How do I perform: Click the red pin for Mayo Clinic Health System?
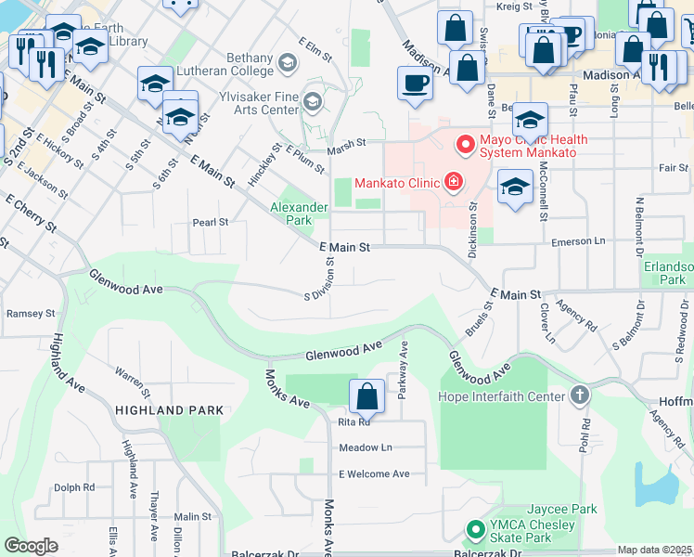[466, 146]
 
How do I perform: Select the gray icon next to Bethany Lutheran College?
[287, 62]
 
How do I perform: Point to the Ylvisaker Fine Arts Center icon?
[312, 101]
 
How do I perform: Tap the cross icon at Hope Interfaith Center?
[579, 396]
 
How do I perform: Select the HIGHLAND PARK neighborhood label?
[169, 409]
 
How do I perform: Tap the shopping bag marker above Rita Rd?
[367, 396]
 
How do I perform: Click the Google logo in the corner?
[31, 546]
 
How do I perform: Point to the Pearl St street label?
[210, 223]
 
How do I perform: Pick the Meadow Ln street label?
[366, 447]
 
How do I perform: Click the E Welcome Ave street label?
[374, 473]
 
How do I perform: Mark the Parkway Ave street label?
[404, 369]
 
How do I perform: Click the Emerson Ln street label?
[577, 241]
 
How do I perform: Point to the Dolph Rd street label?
[74, 486]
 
